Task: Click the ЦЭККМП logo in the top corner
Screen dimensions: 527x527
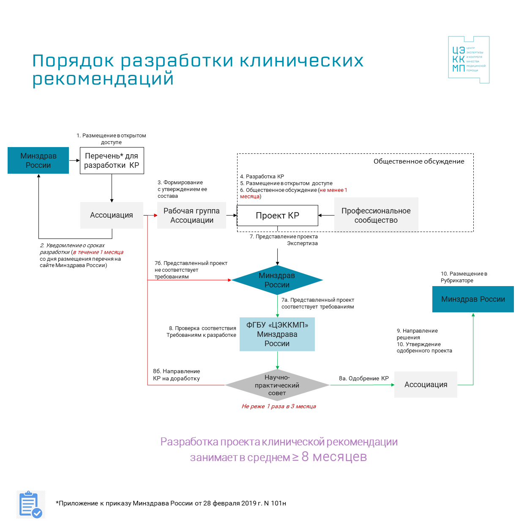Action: pos(469,60)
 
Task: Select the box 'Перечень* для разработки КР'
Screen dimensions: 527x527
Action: pos(112,161)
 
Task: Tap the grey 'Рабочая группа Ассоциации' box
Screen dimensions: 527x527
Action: pos(191,216)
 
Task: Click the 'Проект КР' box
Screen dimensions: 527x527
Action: pos(277,216)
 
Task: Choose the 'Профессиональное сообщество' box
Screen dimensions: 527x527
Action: pos(376,215)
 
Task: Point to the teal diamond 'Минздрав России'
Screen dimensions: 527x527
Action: pos(277,280)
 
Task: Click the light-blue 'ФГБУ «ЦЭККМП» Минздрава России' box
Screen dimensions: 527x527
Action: pos(277,334)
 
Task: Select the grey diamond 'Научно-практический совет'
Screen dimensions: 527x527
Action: pos(277,385)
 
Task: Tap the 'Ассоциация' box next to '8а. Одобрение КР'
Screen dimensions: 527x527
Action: pos(426,385)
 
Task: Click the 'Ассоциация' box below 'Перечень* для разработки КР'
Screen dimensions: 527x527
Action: pos(112,215)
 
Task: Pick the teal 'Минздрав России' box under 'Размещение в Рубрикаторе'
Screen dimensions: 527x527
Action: pos(473,299)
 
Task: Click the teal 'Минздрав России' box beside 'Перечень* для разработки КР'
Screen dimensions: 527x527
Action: pos(38,161)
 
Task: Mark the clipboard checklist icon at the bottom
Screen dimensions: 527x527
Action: pos(31,505)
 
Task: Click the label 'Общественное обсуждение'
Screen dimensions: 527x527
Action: pos(419,161)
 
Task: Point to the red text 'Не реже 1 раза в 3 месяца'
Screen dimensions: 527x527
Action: pos(279,407)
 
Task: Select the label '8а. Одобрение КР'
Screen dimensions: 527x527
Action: pos(363,379)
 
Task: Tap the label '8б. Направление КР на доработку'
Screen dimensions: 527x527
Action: pos(177,375)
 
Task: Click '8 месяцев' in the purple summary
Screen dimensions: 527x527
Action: pos(334,457)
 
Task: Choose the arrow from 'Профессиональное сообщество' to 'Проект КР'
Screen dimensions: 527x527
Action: pos(326,216)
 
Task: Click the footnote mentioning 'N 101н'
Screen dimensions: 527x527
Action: pos(171,503)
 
